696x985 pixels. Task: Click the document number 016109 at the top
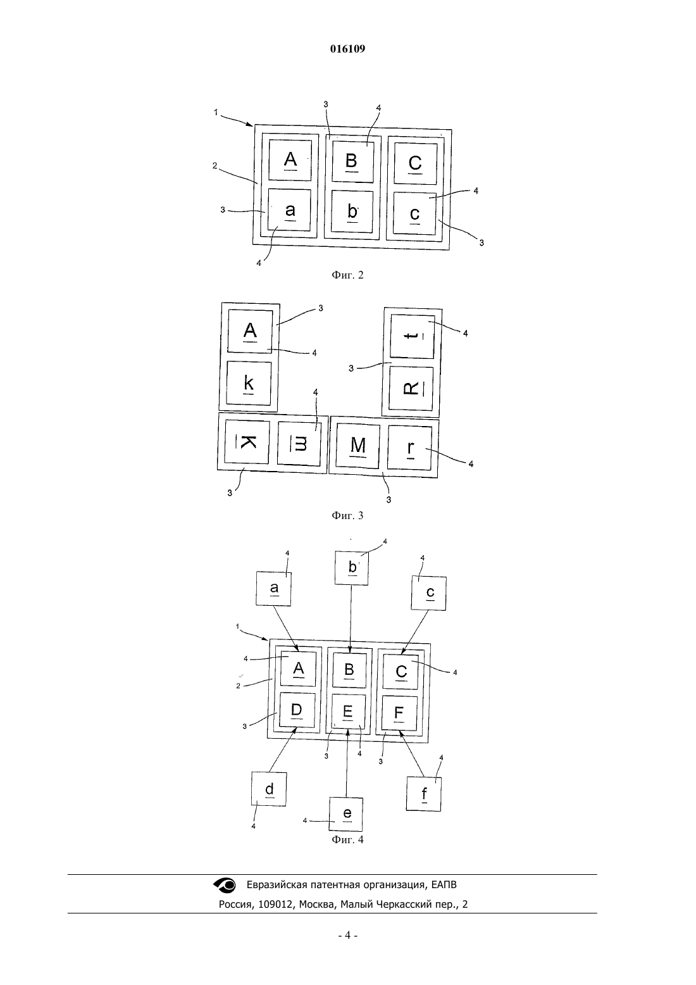click(347, 49)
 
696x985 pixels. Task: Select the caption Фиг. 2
click(347, 275)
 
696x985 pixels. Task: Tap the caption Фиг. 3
click(347, 515)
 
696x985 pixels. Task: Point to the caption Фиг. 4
click(347, 839)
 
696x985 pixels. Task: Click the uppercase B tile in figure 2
click(353, 161)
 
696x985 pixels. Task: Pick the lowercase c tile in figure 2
click(415, 213)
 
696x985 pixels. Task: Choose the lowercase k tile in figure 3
click(249, 383)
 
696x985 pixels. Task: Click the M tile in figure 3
click(357, 446)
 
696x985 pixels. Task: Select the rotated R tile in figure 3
click(411, 388)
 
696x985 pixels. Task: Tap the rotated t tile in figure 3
click(412, 336)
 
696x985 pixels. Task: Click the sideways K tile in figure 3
click(247, 441)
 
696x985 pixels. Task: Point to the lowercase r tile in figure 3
click(409, 448)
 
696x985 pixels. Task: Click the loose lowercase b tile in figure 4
click(352, 568)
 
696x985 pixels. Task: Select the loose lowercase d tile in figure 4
click(269, 789)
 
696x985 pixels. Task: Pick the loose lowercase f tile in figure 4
click(423, 794)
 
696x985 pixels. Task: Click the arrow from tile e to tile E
click(347, 763)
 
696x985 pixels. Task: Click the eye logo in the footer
click(225, 885)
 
